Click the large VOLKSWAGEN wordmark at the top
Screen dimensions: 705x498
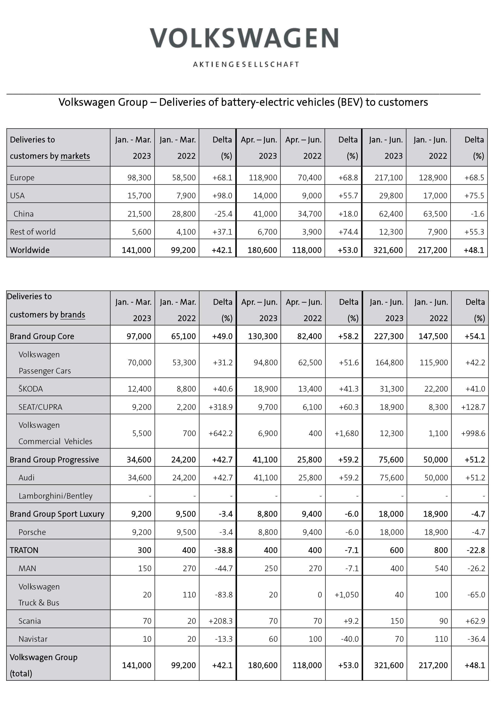(244, 38)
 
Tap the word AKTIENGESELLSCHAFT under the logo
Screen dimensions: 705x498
(246, 64)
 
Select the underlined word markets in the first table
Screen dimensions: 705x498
(75, 156)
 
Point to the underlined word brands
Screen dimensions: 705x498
(73, 315)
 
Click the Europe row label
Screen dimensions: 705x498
(22, 178)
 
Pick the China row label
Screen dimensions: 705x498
(24, 214)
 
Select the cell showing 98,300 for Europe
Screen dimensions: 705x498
(139, 178)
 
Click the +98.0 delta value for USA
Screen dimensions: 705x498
(222, 196)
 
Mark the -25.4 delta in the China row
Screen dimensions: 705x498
(223, 214)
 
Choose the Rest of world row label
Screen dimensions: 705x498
(33, 232)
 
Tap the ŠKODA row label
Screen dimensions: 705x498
(31, 389)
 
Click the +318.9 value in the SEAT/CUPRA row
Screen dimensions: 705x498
(221, 407)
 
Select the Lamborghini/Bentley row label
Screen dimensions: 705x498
(55, 496)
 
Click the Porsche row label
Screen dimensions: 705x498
(32, 532)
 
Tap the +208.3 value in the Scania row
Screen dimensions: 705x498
(221, 621)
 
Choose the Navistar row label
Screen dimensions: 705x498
(33, 639)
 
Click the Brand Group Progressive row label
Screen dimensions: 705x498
(54, 460)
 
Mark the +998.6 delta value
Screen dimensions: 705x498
(473, 434)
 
